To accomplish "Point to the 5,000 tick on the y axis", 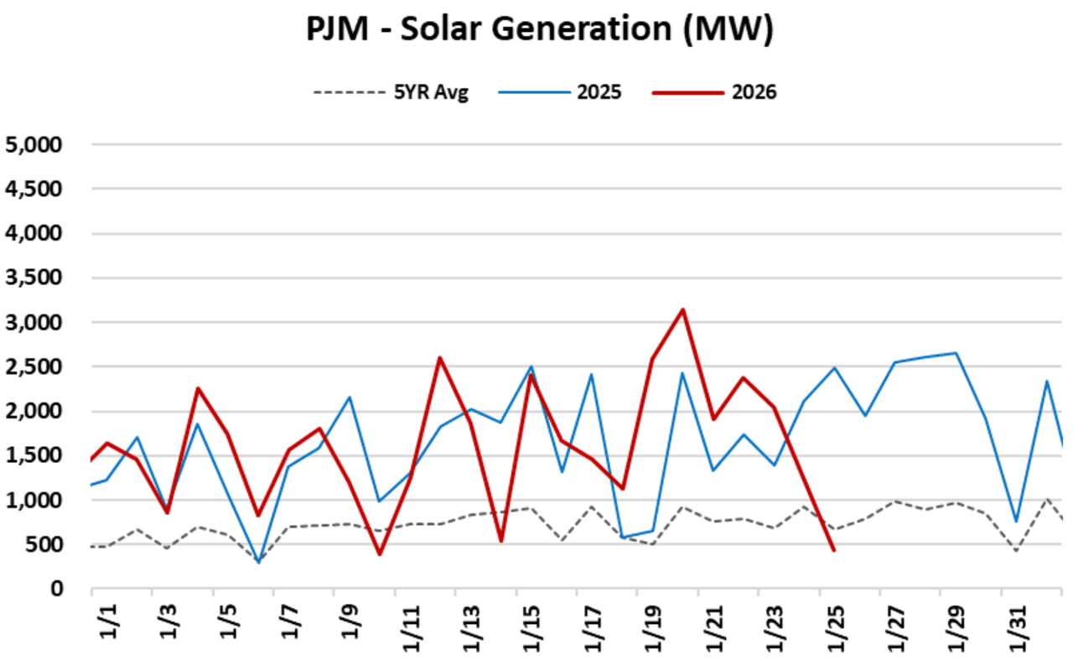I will point(34,145).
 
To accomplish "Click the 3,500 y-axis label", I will point(34,278).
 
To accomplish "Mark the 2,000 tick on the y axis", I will point(34,412).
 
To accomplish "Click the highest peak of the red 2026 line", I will point(683,309).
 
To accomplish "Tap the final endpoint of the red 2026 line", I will point(833,550).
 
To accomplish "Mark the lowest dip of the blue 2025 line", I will point(258,563).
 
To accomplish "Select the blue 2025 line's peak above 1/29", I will point(956,353).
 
